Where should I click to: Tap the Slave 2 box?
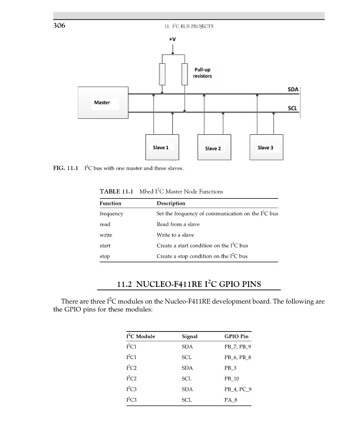pos(213,148)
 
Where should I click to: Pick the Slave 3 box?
pos(266,148)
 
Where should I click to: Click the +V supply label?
pos(172,40)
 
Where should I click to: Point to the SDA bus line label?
pos(293,89)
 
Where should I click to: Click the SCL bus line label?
pos(293,108)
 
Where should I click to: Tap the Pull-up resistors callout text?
pos(203,73)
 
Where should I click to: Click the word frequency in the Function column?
pos(111,214)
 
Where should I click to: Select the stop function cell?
pos(104,256)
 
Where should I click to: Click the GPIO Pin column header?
pos(236,336)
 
